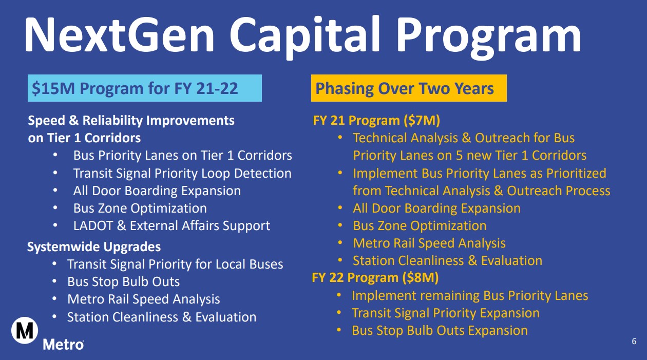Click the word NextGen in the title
click(119, 35)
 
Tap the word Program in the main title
click(490, 37)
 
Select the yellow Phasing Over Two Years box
click(409, 88)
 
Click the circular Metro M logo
click(25, 330)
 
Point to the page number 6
click(634, 341)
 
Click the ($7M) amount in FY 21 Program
click(422, 121)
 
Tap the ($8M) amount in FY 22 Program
click(420, 278)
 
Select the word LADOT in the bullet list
click(93, 225)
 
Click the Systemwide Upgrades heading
click(94, 247)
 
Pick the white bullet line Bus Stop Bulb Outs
click(123, 282)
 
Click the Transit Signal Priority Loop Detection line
click(182, 174)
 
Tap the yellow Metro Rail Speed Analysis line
click(429, 243)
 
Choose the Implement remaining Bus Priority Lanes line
click(470, 296)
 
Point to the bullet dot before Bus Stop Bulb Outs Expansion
click(339, 330)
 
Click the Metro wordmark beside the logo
click(63, 345)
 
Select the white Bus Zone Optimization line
click(140, 209)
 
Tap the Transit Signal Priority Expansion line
click(446, 313)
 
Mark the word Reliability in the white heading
click(112, 121)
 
